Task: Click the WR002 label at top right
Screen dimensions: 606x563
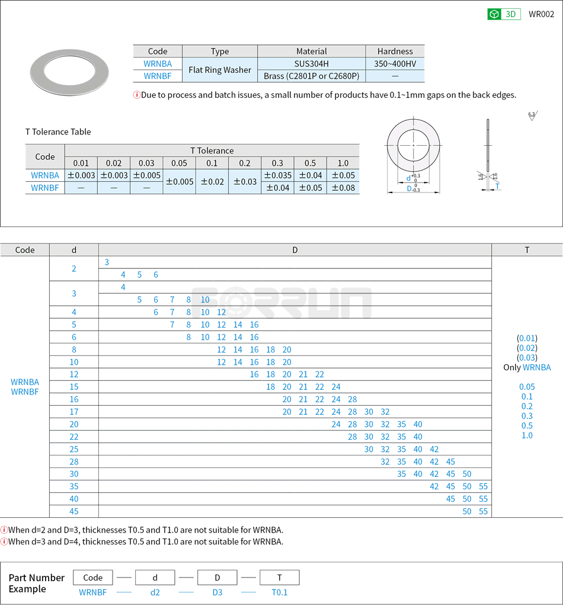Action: pos(541,14)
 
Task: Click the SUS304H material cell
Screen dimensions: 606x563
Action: pos(311,63)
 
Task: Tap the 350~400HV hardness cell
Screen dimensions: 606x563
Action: pos(395,63)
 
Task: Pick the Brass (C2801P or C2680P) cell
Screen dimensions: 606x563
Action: pos(311,76)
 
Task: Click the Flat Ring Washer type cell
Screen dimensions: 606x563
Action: pos(219,70)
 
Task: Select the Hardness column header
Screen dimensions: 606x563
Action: pos(395,51)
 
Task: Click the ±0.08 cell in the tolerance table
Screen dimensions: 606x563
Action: pos(343,188)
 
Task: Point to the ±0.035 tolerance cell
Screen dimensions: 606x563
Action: pos(277,175)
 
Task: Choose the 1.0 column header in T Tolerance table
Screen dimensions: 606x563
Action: pos(343,163)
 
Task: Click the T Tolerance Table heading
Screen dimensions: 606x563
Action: pos(58,132)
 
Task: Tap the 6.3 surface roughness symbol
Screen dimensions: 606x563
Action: pos(531,115)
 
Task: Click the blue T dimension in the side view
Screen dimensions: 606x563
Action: pos(497,186)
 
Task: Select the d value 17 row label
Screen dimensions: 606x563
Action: pos(74,412)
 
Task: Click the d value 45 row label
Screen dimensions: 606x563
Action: pos(74,511)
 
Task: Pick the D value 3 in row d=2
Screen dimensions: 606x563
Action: pos(107,262)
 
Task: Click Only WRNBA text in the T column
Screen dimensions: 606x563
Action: pos(527,367)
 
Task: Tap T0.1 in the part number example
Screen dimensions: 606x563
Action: pos(279,592)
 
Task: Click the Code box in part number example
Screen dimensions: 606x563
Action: pos(92,578)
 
